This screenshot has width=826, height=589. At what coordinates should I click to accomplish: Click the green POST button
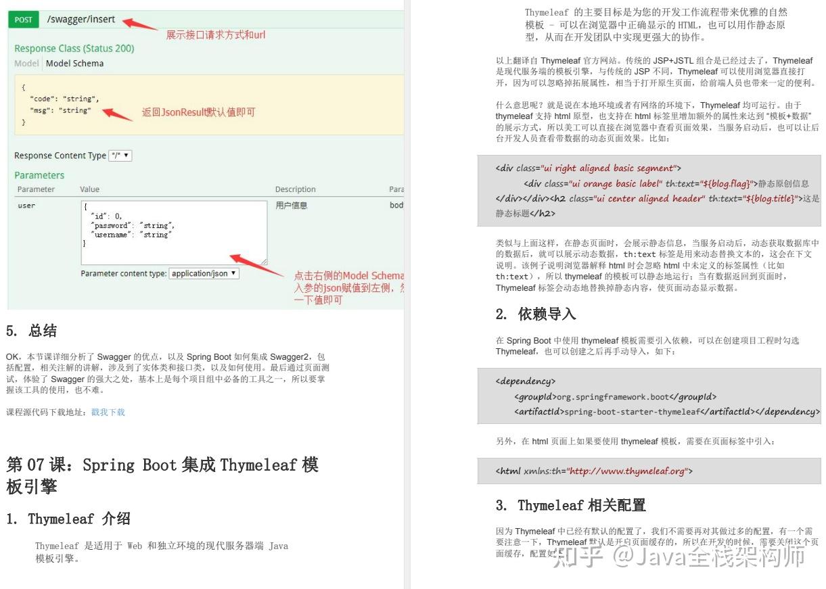23,20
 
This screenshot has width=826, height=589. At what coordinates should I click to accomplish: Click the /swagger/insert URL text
81,20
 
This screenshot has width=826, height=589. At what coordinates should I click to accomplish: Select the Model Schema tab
74,64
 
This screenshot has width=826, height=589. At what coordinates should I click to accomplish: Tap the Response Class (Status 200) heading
74,49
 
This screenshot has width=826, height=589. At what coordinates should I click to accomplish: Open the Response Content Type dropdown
121,156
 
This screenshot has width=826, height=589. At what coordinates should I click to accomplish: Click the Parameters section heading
39,175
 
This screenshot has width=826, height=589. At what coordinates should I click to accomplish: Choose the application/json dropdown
204,274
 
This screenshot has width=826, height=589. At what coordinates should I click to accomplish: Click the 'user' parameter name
26,206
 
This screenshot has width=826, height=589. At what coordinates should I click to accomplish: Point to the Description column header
295,189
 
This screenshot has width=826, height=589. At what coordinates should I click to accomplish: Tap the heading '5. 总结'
32,331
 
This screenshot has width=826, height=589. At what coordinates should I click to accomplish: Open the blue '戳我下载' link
108,413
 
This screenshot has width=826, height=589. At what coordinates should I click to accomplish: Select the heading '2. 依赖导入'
536,314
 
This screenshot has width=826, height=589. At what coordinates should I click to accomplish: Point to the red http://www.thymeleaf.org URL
627,471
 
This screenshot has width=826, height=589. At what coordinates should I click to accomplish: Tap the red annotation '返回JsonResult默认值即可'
198,112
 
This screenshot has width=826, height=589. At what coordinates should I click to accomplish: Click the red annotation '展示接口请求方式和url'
216,34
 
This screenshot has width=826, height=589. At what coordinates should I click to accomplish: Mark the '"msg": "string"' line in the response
60,110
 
